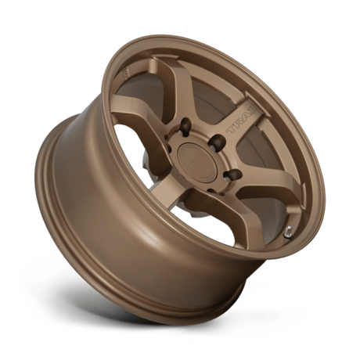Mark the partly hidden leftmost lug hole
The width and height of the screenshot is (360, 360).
[x=167, y=157]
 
